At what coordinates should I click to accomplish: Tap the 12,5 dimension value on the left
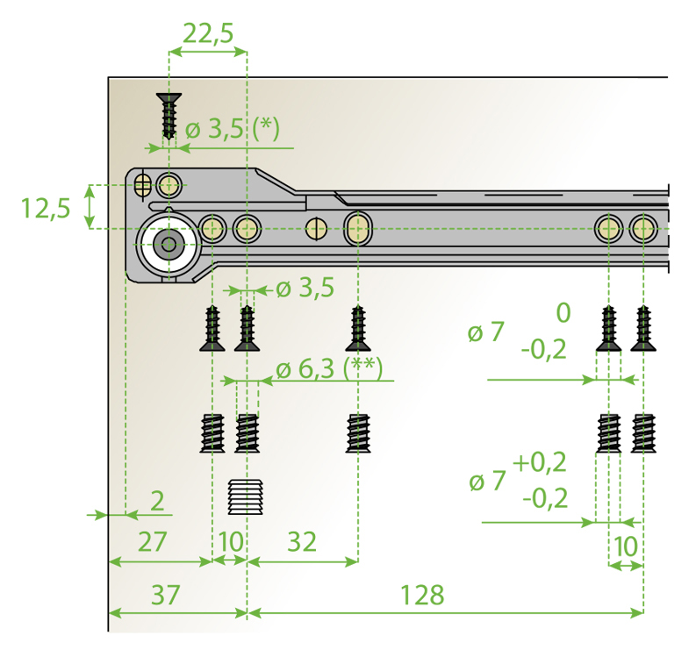click(46, 208)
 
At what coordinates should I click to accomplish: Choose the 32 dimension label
click(301, 541)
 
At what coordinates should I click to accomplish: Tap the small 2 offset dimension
click(157, 502)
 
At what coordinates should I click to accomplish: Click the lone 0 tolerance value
click(563, 311)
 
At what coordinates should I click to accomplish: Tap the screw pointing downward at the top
click(169, 114)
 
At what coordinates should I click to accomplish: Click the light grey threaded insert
click(246, 497)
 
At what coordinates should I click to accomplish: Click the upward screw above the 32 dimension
click(357, 328)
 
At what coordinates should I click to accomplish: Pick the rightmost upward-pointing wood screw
click(643, 328)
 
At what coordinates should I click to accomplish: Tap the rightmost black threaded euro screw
click(643, 432)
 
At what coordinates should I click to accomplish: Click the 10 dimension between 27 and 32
click(230, 541)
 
